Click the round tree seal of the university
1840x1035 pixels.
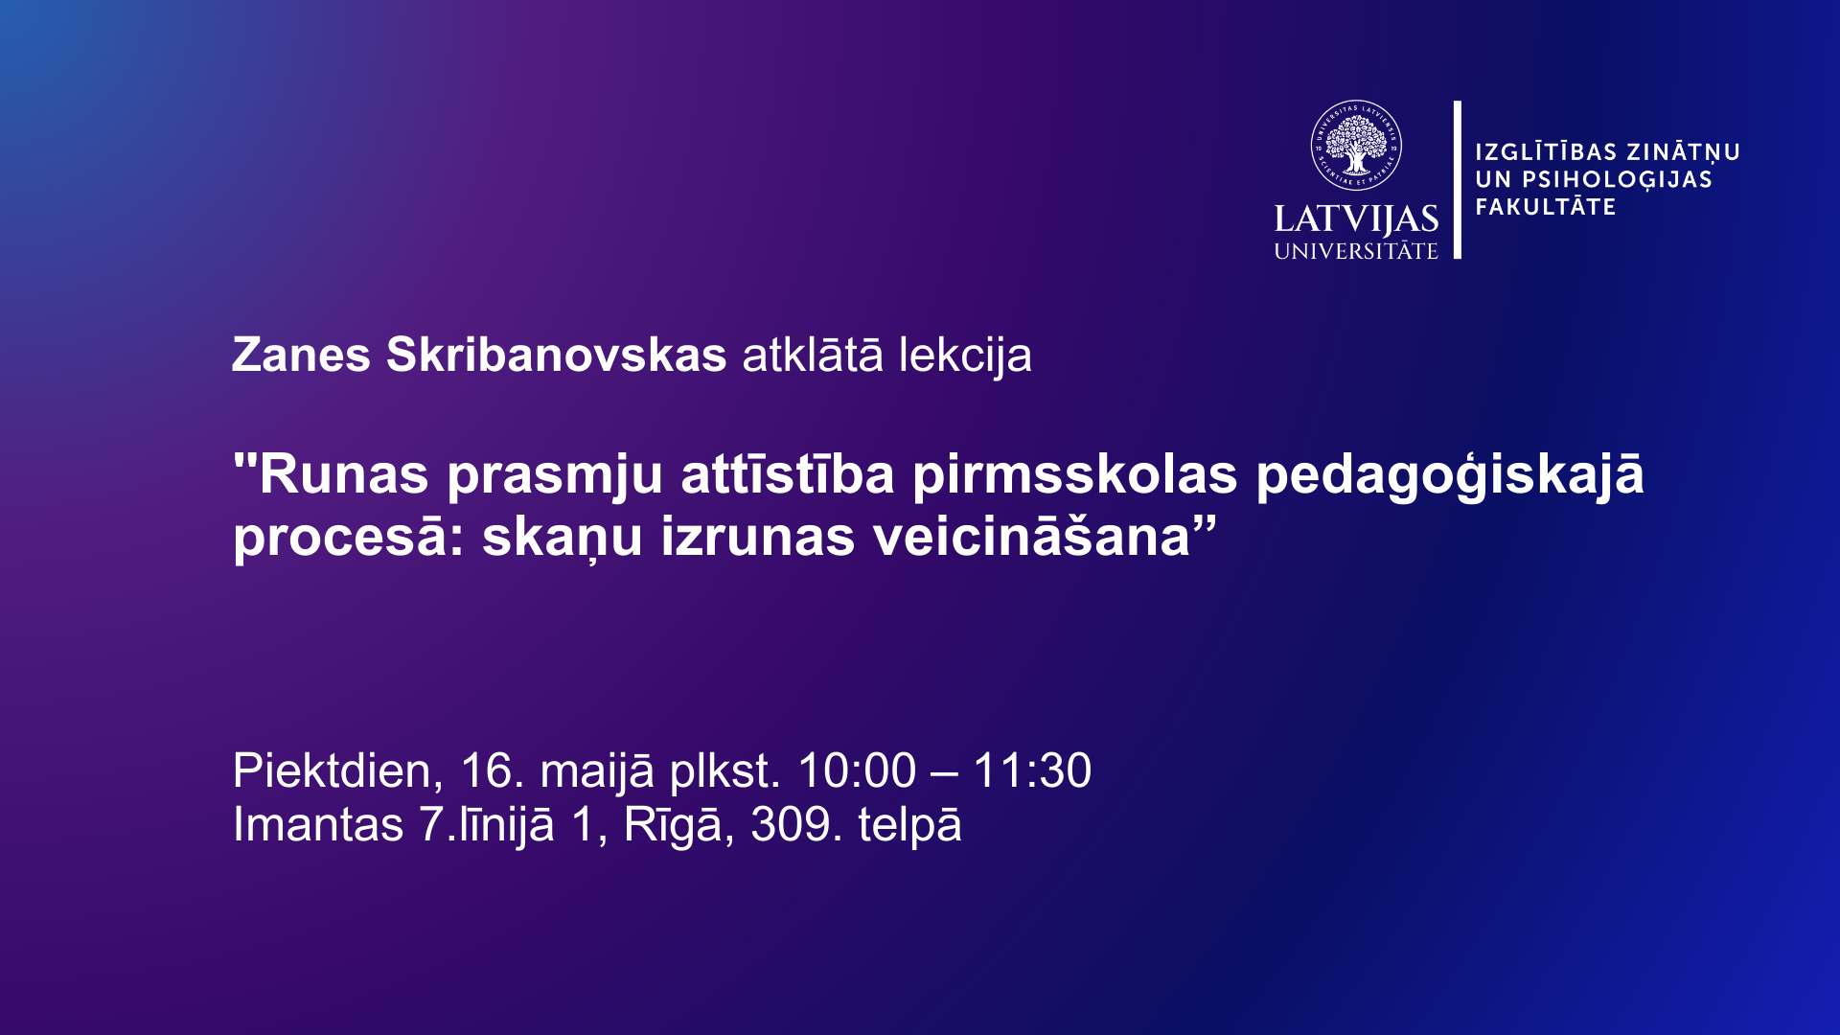coord(1356,146)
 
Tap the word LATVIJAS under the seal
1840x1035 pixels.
coord(1356,219)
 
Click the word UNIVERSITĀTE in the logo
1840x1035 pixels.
coord(1356,251)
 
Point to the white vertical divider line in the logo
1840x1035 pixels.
coord(1458,179)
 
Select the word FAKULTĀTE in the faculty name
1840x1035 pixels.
coord(1545,207)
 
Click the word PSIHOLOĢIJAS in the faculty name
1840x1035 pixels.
coord(1618,180)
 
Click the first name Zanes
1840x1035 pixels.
coord(301,355)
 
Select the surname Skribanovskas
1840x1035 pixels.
coord(557,355)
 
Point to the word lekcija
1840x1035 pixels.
coord(965,356)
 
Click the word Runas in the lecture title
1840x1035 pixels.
coord(344,474)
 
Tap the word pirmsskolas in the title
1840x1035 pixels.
coord(1075,475)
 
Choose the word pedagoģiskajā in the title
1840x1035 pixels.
coord(1450,475)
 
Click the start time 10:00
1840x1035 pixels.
coord(857,771)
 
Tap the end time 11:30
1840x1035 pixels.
coord(1032,771)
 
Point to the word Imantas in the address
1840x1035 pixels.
coord(318,825)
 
